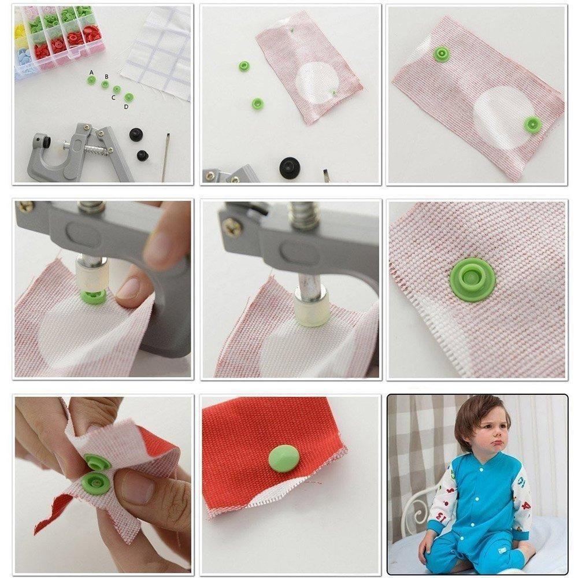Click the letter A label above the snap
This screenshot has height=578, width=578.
91,72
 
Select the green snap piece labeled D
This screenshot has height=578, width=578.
129,97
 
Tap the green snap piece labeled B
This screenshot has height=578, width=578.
105,84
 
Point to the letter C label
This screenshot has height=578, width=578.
114,98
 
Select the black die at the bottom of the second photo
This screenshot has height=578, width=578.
290,168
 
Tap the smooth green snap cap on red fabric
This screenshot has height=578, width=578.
284,458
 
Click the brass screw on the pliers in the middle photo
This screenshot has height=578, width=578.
232,227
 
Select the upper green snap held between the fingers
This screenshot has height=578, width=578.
97,461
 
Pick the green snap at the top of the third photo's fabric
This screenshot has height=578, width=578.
442,54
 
